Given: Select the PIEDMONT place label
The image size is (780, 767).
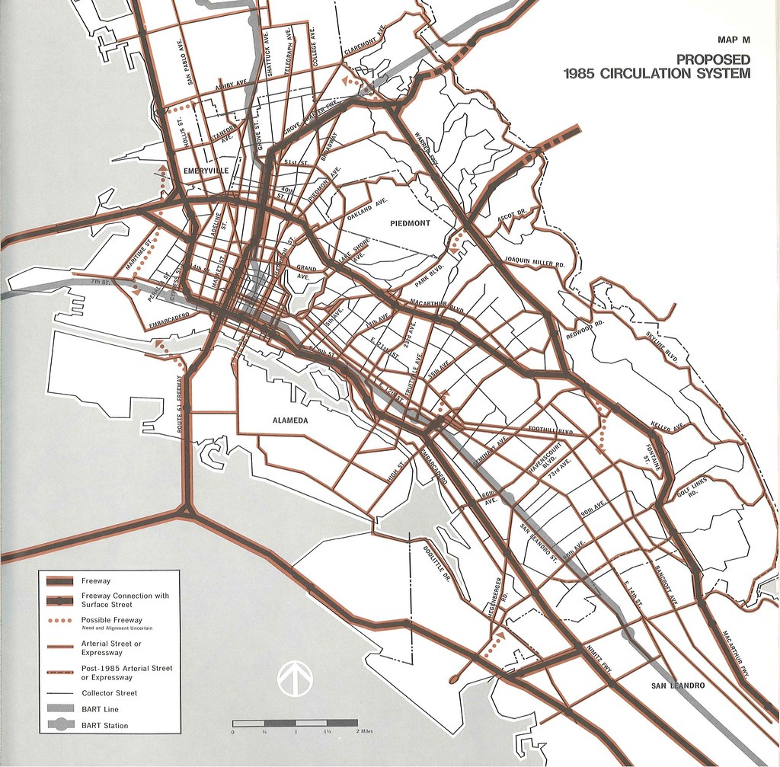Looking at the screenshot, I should pyautogui.click(x=410, y=223).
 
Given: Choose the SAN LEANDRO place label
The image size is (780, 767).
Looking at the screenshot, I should pyautogui.click(x=679, y=686).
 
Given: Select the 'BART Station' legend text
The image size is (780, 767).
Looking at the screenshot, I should pyautogui.click(x=104, y=725).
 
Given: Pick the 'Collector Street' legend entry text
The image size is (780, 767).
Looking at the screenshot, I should pyautogui.click(x=109, y=693).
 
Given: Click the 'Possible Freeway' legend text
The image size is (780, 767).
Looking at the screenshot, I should pyautogui.click(x=111, y=620).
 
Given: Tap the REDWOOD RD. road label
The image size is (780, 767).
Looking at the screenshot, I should pyautogui.click(x=585, y=328).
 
